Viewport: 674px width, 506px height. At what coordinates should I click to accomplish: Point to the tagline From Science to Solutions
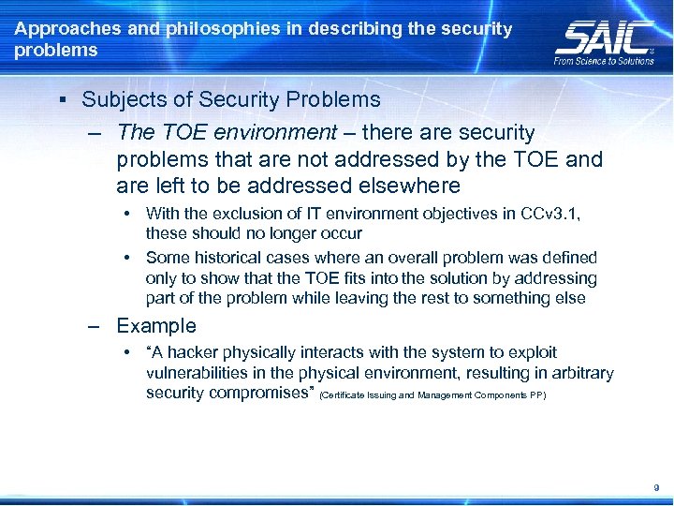(x=604, y=61)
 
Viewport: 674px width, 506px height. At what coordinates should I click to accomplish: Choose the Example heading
(x=156, y=326)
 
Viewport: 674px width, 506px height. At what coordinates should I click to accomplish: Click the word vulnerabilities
(x=198, y=373)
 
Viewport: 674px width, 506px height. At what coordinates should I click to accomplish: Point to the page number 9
(x=656, y=487)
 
